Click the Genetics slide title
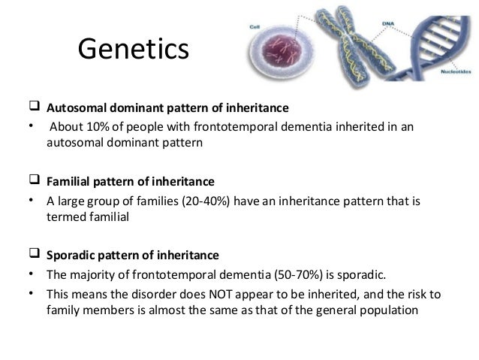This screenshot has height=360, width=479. (x=133, y=50)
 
